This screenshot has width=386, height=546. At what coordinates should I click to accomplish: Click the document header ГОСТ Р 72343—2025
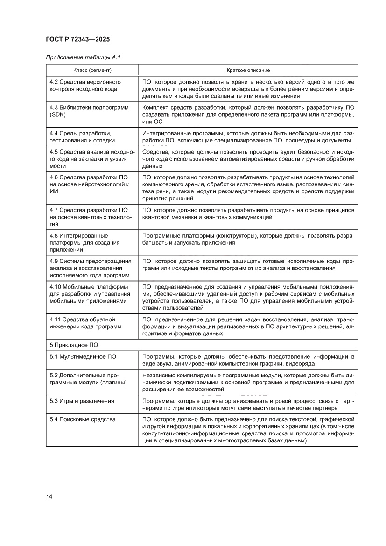tap(78, 40)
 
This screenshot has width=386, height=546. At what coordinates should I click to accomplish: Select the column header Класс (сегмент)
tap(92, 70)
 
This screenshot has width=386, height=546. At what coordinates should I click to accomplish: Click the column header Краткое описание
tap(248, 70)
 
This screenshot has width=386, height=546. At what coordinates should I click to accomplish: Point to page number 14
tap(49, 496)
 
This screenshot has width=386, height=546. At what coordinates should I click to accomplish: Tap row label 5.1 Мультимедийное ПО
tap(83, 357)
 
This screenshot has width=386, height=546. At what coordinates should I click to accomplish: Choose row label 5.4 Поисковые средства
tap(82, 419)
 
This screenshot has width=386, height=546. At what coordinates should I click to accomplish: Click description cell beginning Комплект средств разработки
tap(248, 115)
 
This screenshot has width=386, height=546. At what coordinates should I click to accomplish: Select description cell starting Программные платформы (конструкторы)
tap(248, 239)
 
